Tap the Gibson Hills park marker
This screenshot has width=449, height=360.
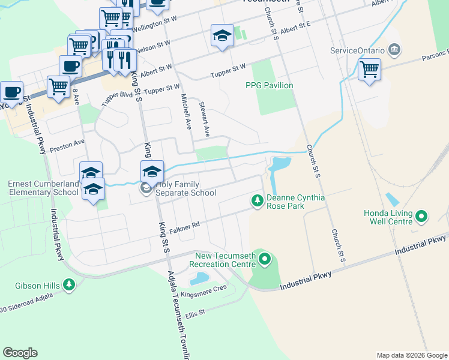[70, 284]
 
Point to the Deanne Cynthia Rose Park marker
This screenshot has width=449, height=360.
[258, 199]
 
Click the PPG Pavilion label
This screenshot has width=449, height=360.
[270, 85]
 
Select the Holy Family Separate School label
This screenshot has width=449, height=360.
[185, 188]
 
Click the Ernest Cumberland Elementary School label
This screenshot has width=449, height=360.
[43, 188]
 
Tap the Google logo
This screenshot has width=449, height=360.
[20, 353]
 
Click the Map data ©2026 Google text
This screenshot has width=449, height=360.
[412, 355]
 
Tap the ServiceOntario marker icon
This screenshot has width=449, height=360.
[394, 49]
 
